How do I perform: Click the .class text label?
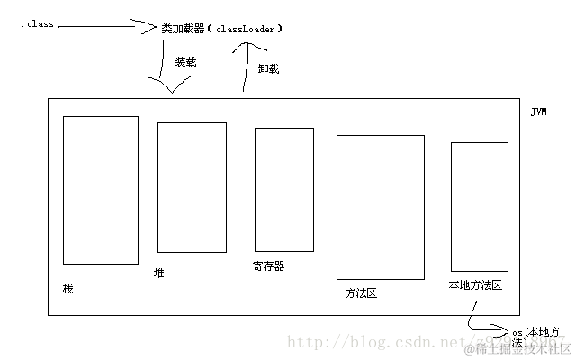click(x=38, y=24)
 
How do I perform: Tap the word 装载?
click(x=185, y=64)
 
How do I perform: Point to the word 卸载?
click(x=269, y=67)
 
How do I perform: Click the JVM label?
click(x=538, y=112)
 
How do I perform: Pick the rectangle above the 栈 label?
click(x=100, y=189)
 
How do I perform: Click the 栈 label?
click(x=67, y=288)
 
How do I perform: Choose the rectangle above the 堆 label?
click(x=192, y=186)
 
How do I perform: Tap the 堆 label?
click(x=159, y=272)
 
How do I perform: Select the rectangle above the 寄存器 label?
click(x=283, y=189)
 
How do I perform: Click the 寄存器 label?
click(x=268, y=266)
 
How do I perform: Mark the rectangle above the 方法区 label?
click(x=380, y=207)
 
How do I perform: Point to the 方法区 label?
click(x=361, y=292)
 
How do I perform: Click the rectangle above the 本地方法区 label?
click(x=480, y=205)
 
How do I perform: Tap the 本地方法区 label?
click(x=474, y=284)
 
